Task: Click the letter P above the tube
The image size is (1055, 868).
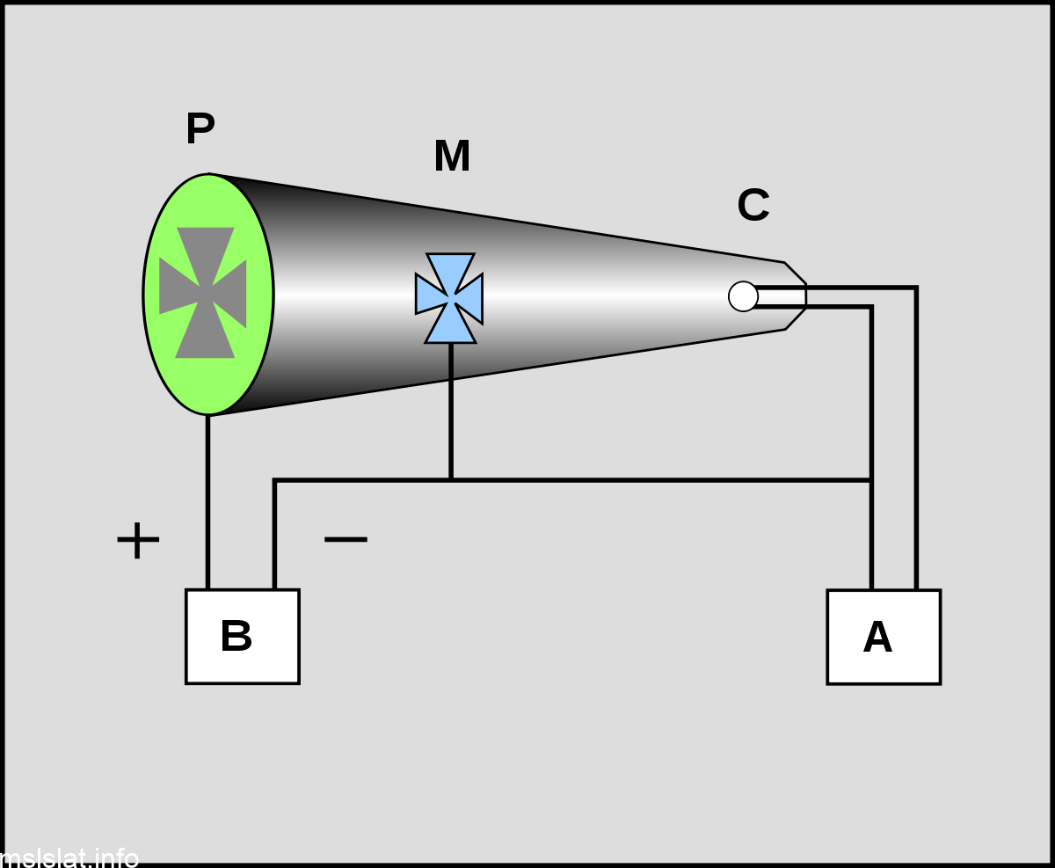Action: [200, 129]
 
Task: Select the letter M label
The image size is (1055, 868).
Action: [452, 157]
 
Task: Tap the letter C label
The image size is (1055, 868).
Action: [753, 206]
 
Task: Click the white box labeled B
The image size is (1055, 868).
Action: [243, 636]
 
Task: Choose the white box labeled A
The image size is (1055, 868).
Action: [884, 637]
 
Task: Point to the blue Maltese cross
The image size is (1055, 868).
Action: [449, 297]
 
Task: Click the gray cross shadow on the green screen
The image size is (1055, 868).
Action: [203, 293]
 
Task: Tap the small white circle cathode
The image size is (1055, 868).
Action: [743, 296]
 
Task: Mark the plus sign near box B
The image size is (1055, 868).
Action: [138, 540]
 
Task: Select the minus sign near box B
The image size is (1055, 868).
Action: [346, 538]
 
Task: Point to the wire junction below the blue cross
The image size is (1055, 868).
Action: [451, 480]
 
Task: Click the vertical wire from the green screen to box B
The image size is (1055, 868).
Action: [208, 501]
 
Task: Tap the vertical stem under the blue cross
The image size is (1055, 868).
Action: [451, 409]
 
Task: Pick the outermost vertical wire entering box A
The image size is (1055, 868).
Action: [916, 440]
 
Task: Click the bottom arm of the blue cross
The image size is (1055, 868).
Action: [451, 326]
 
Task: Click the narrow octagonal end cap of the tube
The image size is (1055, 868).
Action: [794, 295]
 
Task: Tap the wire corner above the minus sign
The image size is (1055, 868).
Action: [275, 481]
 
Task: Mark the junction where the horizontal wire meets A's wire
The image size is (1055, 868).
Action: [871, 480]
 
